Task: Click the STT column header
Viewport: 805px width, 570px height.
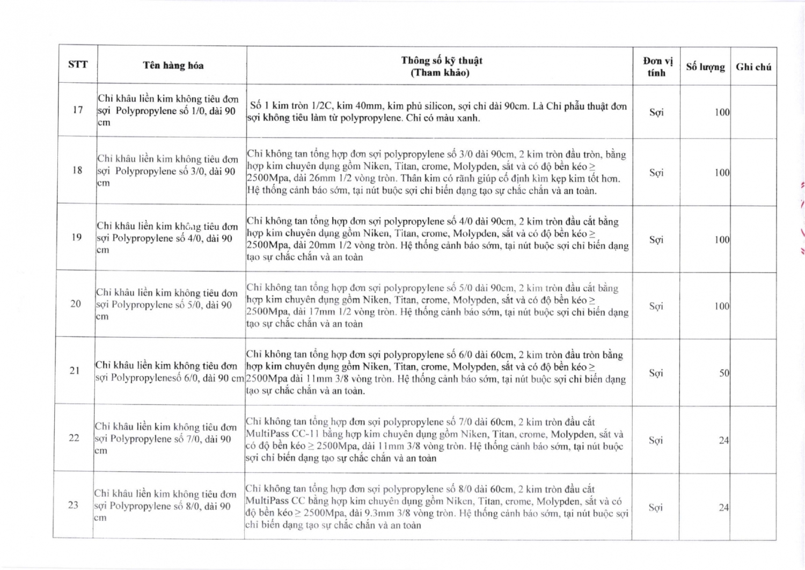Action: (x=78, y=64)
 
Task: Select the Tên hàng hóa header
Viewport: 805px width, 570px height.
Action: (x=173, y=65)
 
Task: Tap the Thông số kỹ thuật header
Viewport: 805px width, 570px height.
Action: (x=441, y=67)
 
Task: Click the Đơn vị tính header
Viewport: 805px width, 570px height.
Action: (x=657, y=67)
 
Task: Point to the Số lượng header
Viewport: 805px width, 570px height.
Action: (x=705, y=67)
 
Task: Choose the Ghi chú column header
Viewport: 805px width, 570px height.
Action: (x=753, y=67)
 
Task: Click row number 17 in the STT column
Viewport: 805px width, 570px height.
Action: (x=78, y=110)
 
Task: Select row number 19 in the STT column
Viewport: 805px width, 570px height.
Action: (x=77, y=237)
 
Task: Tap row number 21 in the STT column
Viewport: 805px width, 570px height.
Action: (x=75, y=370)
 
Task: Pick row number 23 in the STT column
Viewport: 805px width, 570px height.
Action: (x=73, y=505)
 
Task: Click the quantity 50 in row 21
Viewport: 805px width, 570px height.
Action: (x=724, y=373)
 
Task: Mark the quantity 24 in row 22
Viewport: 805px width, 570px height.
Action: (x=724, y=441)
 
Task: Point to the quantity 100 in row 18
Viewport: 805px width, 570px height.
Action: (x=722, y=173)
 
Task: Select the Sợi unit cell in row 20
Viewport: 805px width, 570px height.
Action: (x=656, y=306)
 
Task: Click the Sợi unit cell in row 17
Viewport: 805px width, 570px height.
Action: (x=656, y=112)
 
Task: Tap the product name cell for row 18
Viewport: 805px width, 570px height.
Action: (x=167, y=171)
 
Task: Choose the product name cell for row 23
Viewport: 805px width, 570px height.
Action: (x=165, y=506)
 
